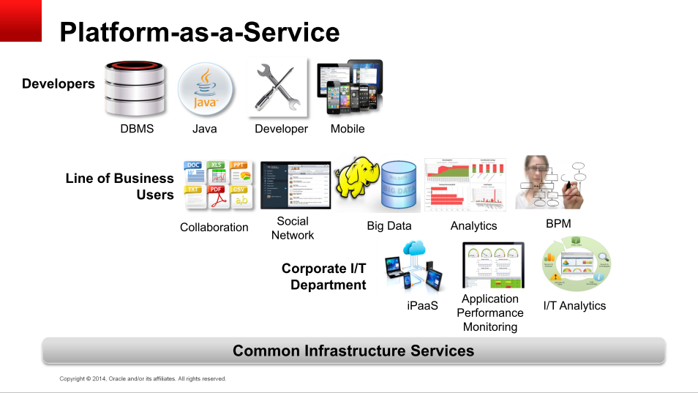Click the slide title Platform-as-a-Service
[x=199, y=32]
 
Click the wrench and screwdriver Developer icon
[x=277, y=87]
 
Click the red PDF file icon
[x=216, y=197]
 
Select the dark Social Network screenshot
[x=295, y=185]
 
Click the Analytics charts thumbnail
[x=465, y=184]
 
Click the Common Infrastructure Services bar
[x=353, y=351]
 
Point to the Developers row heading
[x=59, y=84]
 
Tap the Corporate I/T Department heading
[x=323, y=277]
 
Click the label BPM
[x=558, y=224]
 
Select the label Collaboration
[x=214, y=228]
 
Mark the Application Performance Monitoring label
[x=490, y=312]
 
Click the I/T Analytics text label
[x=574, y=305]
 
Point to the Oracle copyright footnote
[x=143, y=379]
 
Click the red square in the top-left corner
[x=20, y=20]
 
